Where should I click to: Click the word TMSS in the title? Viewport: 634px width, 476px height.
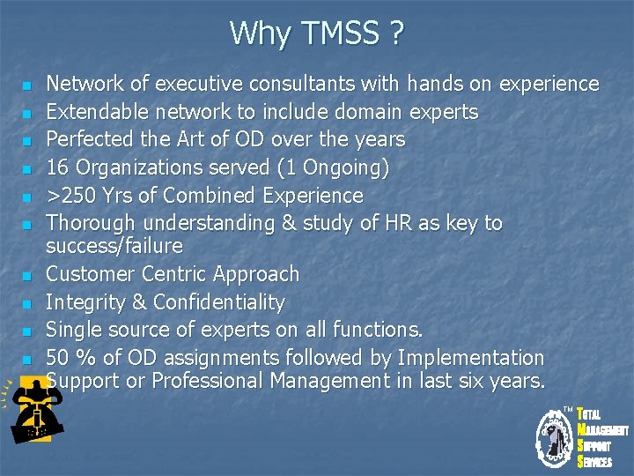[337, 33]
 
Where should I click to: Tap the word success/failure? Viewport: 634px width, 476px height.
[114, 245]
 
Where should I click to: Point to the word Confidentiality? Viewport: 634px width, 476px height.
[218, 302]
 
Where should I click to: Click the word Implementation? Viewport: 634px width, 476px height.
[471, 358]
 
